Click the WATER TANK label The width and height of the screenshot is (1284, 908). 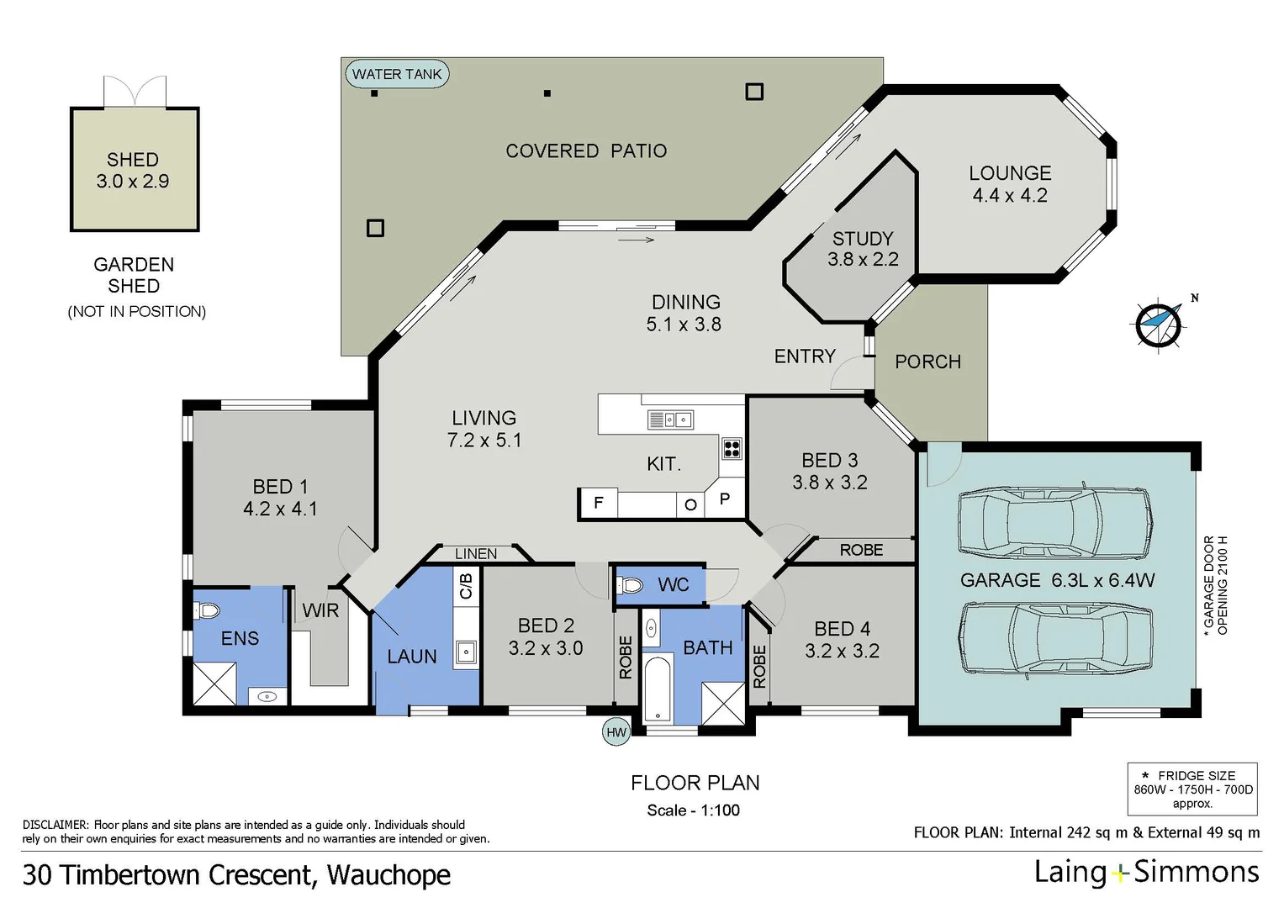(397, 74)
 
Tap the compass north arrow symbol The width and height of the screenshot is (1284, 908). (1160, 324)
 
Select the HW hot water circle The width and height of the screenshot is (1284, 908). (616, 732)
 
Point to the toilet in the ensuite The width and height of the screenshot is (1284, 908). (206, 610)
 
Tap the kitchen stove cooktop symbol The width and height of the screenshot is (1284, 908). (732, 448)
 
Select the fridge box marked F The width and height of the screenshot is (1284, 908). (598, 504)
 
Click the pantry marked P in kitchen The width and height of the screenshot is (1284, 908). (725, 498)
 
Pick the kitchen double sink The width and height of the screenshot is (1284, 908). (670, 420)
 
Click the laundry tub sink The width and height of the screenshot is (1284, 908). (466, 652)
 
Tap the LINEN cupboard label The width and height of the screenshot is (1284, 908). (476, 554)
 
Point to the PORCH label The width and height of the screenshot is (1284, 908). (928, 362)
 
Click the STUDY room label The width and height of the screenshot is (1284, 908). (863, 238)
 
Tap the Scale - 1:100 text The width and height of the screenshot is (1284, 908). (694, 810)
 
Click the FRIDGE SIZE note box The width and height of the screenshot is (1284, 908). (1192, 789)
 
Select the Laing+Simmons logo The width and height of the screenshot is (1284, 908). (1146, 873)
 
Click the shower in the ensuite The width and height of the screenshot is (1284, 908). (215, 684)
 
